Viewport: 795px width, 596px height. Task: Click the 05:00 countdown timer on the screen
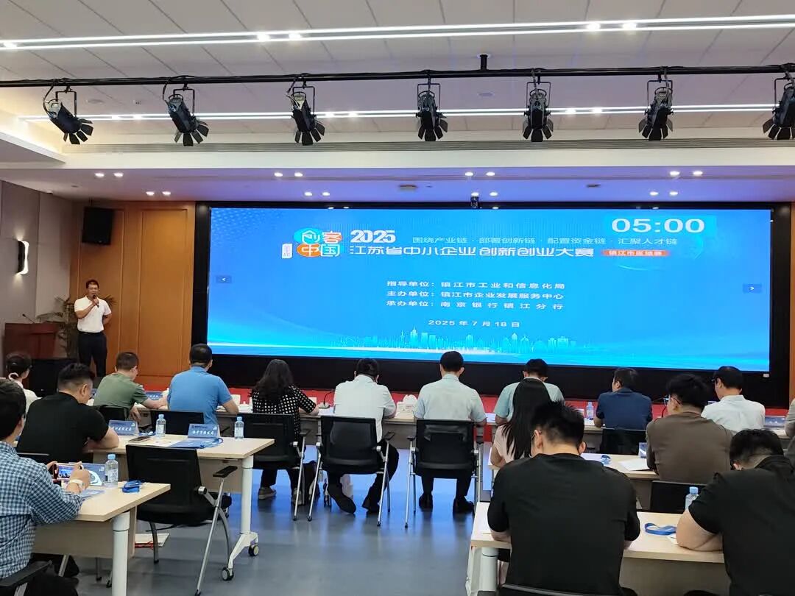click(657, 225)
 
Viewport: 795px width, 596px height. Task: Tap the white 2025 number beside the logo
click(372, 236)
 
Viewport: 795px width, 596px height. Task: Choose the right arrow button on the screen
click(751, 288)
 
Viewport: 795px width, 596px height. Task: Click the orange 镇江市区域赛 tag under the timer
click(635, 252)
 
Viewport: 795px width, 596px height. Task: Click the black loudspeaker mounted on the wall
click(97, 225)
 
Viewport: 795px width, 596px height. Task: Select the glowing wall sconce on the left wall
click(23, 257)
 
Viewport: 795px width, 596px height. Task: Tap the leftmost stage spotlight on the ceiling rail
click(66, 117)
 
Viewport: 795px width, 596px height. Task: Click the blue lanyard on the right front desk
click(660, 528)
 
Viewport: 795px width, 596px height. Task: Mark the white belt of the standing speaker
click(93, 333)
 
